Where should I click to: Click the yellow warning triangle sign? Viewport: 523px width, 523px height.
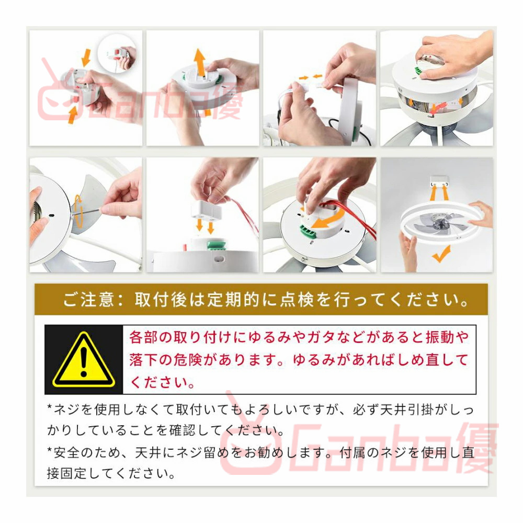pyautogui.click(x=84, y=360)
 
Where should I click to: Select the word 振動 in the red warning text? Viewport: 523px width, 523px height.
pyautogui.click(x=440, y=337)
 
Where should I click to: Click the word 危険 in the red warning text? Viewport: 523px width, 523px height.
pyautogui.click(x=188, y=360)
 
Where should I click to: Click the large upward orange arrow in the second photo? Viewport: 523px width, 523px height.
pyautogui.click(x=200, y=62)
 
